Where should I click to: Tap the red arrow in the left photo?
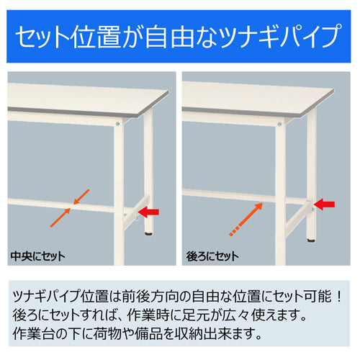tap(149, 212)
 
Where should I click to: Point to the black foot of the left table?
tap(149, 233)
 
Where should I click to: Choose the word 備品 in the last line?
tap(163, 334)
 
